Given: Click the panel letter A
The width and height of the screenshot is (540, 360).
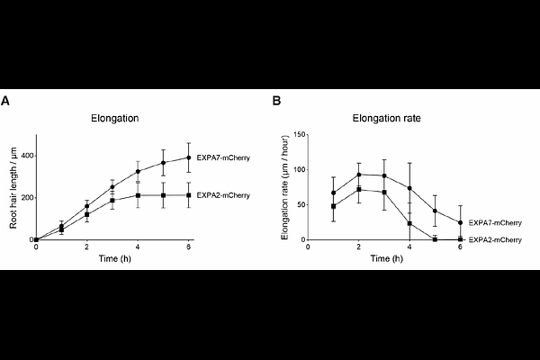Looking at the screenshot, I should point(5,102).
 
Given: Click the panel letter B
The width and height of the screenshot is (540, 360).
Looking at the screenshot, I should point(275,102).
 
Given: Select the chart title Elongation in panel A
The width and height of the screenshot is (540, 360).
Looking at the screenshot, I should point(112,119).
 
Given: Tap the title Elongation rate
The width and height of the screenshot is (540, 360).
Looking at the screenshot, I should point(386,119).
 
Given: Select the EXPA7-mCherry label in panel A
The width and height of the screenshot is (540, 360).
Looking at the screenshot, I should point(222,157).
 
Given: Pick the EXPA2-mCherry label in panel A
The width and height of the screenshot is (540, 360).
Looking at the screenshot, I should point(222,195).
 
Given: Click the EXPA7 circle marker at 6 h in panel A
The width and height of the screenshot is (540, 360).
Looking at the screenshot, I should point(188,157).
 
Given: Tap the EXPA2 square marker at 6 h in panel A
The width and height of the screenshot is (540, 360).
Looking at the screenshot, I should point(188,195).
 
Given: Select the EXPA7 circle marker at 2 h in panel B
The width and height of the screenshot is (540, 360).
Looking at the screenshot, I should point(359,175).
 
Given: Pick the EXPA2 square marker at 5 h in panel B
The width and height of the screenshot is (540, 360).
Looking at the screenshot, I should point(435,239).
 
